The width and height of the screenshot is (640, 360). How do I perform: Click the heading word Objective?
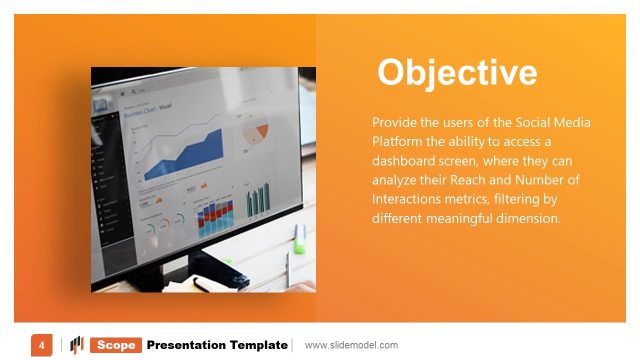457,72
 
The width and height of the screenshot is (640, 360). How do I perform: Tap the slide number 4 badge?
41,345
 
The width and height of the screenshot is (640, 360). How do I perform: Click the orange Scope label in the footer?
116,345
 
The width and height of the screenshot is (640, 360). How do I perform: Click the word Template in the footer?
259,345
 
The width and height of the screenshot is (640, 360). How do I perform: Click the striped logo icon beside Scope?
76,345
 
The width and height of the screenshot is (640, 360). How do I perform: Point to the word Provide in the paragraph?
395,122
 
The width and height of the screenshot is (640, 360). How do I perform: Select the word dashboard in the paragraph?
406,160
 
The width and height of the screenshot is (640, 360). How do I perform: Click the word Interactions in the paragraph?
411,199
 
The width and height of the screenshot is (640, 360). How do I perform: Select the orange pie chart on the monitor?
258,132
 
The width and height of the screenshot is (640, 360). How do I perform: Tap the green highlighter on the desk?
299,236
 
